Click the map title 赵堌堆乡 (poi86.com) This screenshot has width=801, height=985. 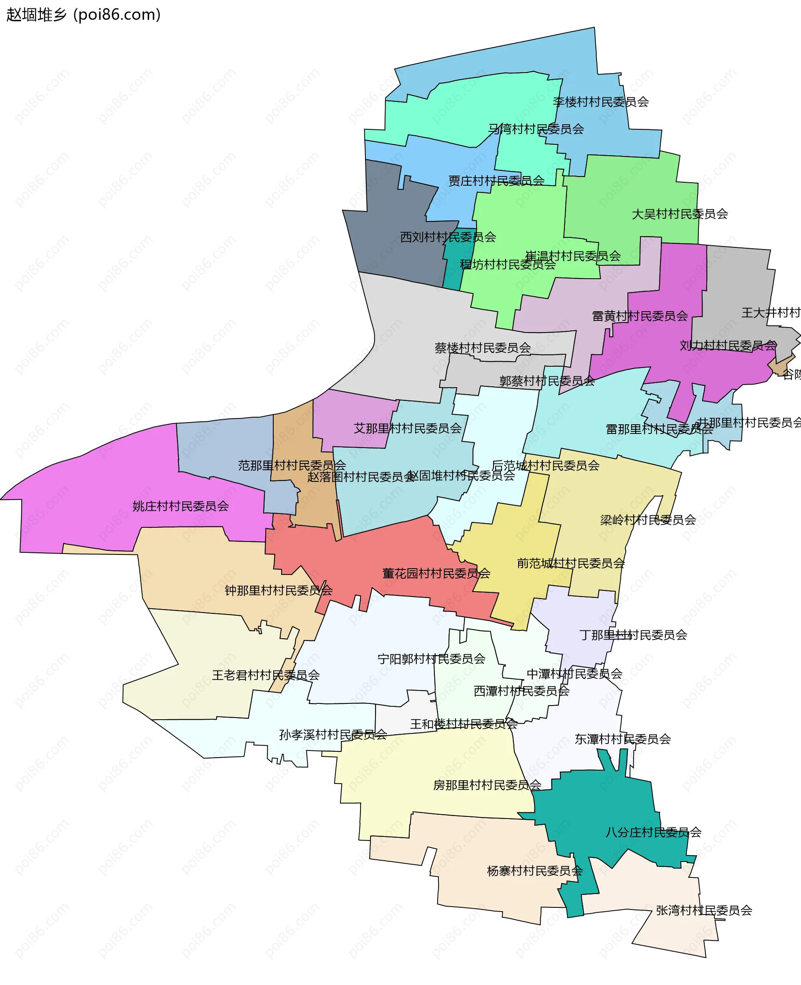[83, 15]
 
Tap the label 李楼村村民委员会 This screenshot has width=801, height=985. [601, 102]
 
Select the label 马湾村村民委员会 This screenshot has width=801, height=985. [536, 129]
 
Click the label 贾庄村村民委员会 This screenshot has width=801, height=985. [496, 181]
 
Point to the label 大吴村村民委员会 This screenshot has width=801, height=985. [679, 214]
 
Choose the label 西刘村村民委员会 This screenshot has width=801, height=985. [448, 237]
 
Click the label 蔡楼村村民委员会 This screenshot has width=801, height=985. [482, 348]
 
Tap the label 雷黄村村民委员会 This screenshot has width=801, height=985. [640, 316]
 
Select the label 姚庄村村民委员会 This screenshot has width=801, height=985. [180, 506]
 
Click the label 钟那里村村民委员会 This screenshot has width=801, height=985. [278, 590]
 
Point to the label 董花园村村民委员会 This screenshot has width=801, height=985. [436, 574]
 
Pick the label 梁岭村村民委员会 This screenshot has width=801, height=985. [648, 520]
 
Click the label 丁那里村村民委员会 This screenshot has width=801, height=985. [633, 635]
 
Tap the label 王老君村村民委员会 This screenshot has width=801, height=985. [266, 675]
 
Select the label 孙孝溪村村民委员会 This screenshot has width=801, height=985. [332, 735]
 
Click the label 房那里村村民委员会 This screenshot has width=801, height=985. [487, 785]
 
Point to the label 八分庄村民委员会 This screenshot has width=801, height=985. [653, 832]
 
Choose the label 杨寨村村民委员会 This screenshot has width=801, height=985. [535, 871]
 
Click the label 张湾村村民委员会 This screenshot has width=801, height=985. [704, 910]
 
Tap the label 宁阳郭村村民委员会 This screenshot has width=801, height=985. [431, 659]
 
